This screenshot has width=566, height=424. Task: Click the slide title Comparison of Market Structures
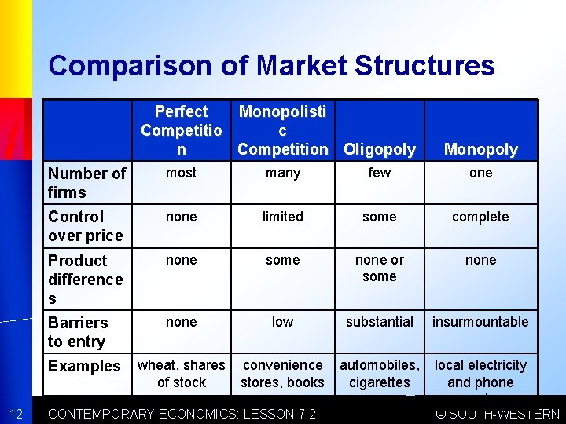point(271,65)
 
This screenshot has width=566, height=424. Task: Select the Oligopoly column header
point(380,149)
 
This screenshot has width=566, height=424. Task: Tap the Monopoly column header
point(480,149)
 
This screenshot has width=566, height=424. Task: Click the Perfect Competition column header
point(181,130)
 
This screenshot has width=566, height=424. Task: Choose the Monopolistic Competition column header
point(282,130)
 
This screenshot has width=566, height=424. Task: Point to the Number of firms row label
point(86,182)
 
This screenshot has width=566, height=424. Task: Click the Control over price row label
point(85,226)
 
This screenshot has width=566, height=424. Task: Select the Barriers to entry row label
point(77,331)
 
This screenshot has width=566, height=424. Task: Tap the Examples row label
point(84,366)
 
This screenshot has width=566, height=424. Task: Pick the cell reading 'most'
point(181,173)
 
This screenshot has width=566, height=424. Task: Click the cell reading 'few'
point(380,173)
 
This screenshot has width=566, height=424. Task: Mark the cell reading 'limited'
point(282,217)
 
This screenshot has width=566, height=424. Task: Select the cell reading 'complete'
point(480,217)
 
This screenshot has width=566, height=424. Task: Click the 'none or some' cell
point(380,268)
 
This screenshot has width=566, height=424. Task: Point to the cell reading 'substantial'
point(380,322)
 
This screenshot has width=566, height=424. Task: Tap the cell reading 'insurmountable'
point(480,322)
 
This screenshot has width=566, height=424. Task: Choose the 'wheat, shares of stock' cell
point(181,374)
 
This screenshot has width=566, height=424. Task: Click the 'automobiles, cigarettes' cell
point(380,374)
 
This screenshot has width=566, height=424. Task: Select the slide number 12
point(16,414)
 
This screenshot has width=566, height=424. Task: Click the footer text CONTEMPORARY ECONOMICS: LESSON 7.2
point(182,414)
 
